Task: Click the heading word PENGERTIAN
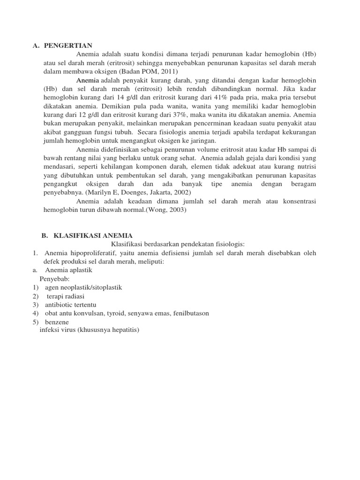click(x=68, y=45)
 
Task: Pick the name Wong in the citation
click(x=159, y=210)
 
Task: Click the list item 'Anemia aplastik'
click(x=69, y=270)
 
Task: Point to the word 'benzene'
click(x=57, y=322)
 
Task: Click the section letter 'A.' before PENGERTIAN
click(x=36, y=45)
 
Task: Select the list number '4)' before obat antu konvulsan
click(x=36, y=313)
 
